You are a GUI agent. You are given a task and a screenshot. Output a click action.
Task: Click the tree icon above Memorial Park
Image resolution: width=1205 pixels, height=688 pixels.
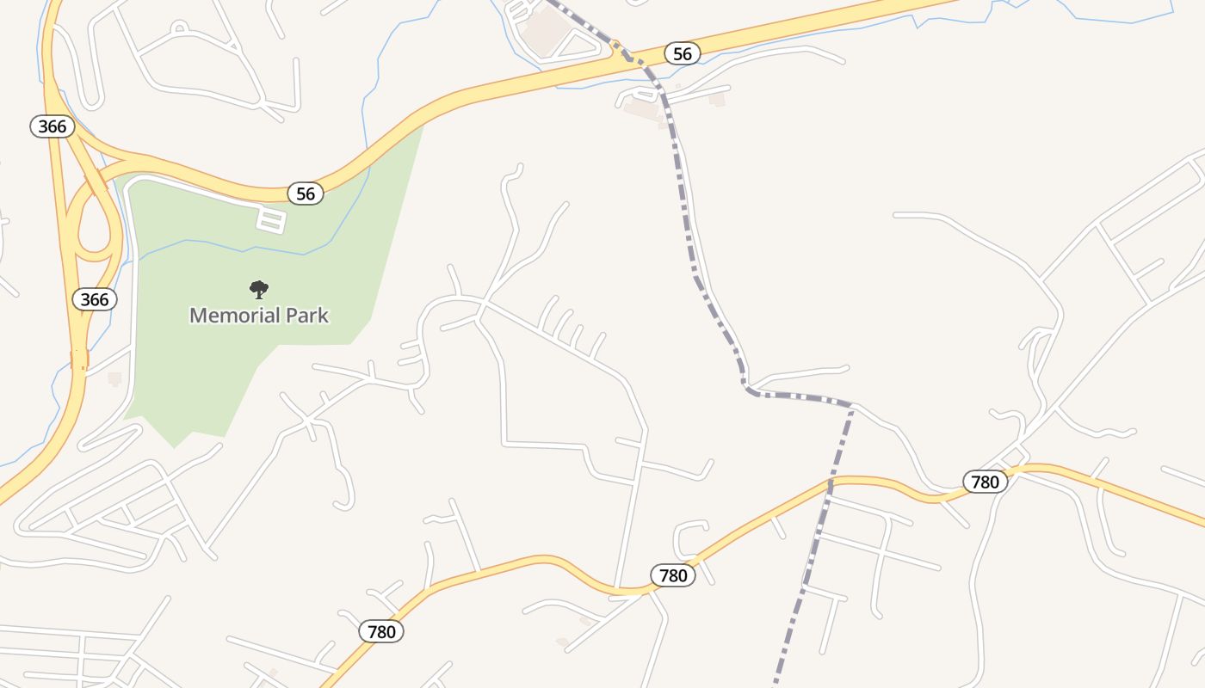pyautogui.click(x=259, y=290)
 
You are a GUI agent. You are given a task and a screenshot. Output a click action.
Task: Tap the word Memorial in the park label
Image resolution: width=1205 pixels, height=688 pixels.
pyautogui.click(x=227, y=316)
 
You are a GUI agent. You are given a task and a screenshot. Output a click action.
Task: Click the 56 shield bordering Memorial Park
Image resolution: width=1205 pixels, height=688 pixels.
pyautogui.click(x=306, y=193)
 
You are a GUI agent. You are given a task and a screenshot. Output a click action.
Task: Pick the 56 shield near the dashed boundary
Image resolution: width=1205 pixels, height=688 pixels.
pyautogui.click(x=682, y=54)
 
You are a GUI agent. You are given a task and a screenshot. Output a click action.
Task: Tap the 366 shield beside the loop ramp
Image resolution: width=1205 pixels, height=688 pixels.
pyautogui.click(x=95, y=298)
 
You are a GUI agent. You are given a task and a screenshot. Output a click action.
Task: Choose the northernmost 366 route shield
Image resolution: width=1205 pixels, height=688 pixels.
pyautogui.click(x=53, y=126)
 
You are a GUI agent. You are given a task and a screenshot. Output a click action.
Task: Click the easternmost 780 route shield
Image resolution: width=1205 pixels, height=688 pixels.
pyautogui.click(x=985, y=482)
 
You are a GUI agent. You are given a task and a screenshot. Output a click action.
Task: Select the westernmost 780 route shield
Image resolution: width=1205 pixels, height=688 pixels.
pyautogui.click(x=381, y=632)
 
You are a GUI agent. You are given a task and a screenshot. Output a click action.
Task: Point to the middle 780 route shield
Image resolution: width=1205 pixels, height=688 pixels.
pyautogui.click(x=673, y=575)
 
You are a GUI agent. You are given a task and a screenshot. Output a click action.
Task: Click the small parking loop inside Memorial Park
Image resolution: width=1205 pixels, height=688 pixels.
pyautogui.click(x=271, y=219)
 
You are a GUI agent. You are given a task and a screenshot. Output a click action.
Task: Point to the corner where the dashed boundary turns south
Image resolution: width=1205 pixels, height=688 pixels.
pyautogui.click(x=852, y=405)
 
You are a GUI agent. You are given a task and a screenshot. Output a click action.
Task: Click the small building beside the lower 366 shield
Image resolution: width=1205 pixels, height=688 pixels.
pyautogui.click(x=114, y=378)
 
